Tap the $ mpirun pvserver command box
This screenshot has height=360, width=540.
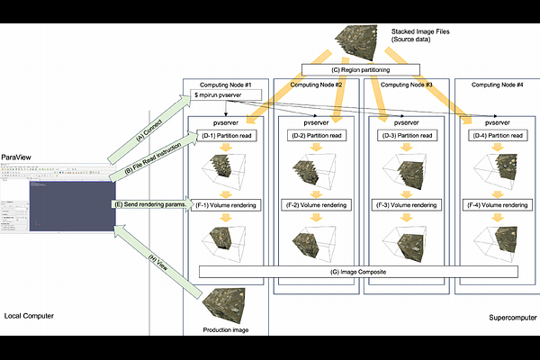click(x=227, y=94)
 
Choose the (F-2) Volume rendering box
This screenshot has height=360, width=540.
click(x=314, y=205)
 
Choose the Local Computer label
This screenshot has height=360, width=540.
click(x=30, y=317)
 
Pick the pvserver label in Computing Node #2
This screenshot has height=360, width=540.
click(x=314, y=120)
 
